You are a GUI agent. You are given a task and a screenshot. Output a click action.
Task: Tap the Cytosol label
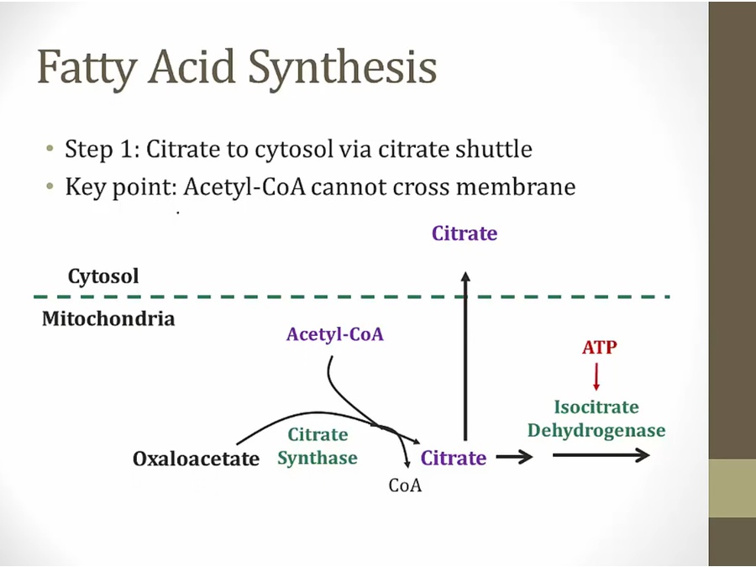coord(103,276)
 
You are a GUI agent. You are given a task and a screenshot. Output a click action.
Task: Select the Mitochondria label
coord(108,319)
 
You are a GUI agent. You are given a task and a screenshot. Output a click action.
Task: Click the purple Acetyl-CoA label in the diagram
coord(334,334)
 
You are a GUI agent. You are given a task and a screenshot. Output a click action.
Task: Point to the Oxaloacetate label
coord(197,459)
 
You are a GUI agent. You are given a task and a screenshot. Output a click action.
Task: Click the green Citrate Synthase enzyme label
coord(318,446)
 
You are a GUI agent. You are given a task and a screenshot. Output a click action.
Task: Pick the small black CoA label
coord(405,486)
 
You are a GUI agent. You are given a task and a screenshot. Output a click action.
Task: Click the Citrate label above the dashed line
coord(465,234)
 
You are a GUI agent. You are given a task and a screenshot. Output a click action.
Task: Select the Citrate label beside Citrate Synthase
coord(454,458)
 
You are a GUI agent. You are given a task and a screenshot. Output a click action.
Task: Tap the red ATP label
coord(600,347)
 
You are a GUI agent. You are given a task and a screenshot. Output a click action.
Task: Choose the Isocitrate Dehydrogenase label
coord(596,419)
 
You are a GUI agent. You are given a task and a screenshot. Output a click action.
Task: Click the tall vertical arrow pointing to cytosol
coord(465,353)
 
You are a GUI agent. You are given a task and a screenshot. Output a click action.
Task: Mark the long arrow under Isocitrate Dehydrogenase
coord(601,455)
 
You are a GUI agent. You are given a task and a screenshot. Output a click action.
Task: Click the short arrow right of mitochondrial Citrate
coord(514,458)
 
